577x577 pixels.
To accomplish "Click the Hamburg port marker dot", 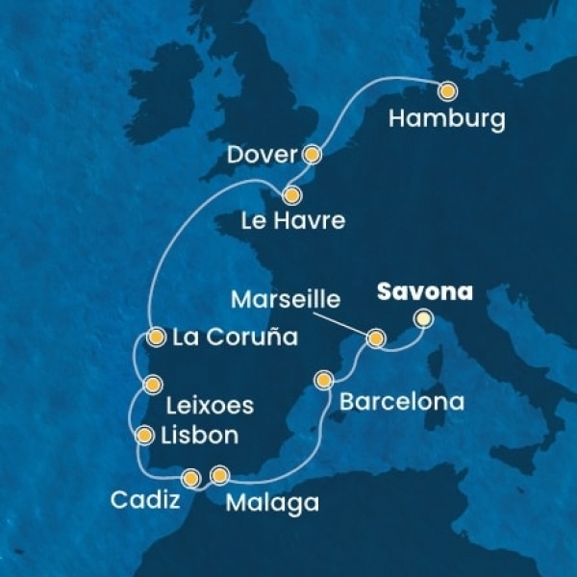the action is (x=448, y=91).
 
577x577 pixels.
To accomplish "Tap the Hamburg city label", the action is (x=448, y=121).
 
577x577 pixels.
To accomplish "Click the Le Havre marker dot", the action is (x=292, y=194).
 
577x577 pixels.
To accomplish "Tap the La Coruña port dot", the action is (x=156, y=337).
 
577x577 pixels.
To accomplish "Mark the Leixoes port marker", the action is (x=151, y=385).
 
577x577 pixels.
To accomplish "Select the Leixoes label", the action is (x=211, y=406).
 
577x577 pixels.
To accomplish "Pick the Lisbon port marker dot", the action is (x=145, y=435).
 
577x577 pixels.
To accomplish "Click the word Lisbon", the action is (x=202, y=436).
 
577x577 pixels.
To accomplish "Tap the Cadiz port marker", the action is (x=190, y=476).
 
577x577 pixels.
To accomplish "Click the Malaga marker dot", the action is (x=220, y=474).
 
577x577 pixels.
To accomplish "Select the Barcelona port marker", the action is (x=325, y=379).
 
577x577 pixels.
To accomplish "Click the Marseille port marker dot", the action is (x=376, y=338).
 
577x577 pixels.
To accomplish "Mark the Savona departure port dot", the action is (x=421, y=318).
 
